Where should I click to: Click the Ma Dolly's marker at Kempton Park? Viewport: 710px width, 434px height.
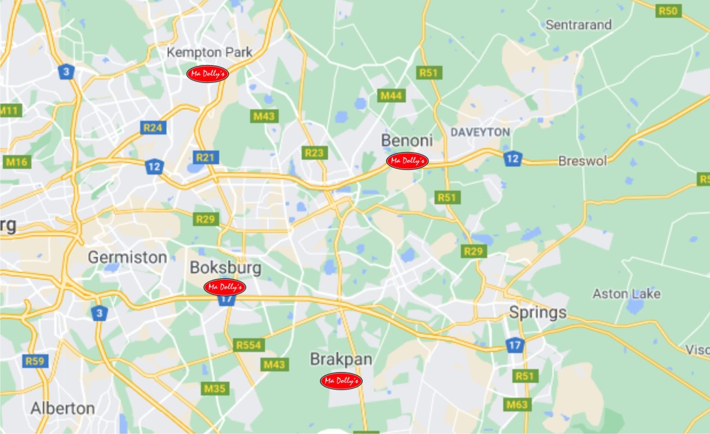pos(208,73)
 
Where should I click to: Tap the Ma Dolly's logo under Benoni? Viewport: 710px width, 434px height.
pos(407,160)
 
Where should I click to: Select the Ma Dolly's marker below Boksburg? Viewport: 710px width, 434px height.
pos(225,287)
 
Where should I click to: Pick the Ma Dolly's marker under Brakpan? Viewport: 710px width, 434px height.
pos(341,380)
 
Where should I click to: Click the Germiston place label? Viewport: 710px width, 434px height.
pos(127,257)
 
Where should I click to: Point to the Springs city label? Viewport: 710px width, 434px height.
pos(538,312)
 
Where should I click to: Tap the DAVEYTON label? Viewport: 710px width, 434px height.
pos(480,132)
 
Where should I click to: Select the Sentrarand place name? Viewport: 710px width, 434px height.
pos(578,24)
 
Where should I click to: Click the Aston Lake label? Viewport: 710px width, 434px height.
pos(626,293)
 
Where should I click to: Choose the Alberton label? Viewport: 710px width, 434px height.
pos(63,408)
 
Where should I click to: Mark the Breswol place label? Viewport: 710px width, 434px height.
pos(582,161)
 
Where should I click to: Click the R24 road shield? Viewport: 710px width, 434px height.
pos(153,128)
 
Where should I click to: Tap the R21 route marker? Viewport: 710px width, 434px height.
pos(205,157)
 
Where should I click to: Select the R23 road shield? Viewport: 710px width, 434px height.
pos(314,153)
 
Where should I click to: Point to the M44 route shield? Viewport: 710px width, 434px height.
pos(391,95)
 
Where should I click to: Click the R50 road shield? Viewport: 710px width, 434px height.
pos(668,11)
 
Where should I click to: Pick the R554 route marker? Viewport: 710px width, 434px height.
pos(249,345)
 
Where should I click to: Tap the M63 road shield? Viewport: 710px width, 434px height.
pos(517,405)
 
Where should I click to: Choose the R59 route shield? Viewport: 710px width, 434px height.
pos(35,361)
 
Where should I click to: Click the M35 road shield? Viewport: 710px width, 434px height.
pos(215,388)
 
